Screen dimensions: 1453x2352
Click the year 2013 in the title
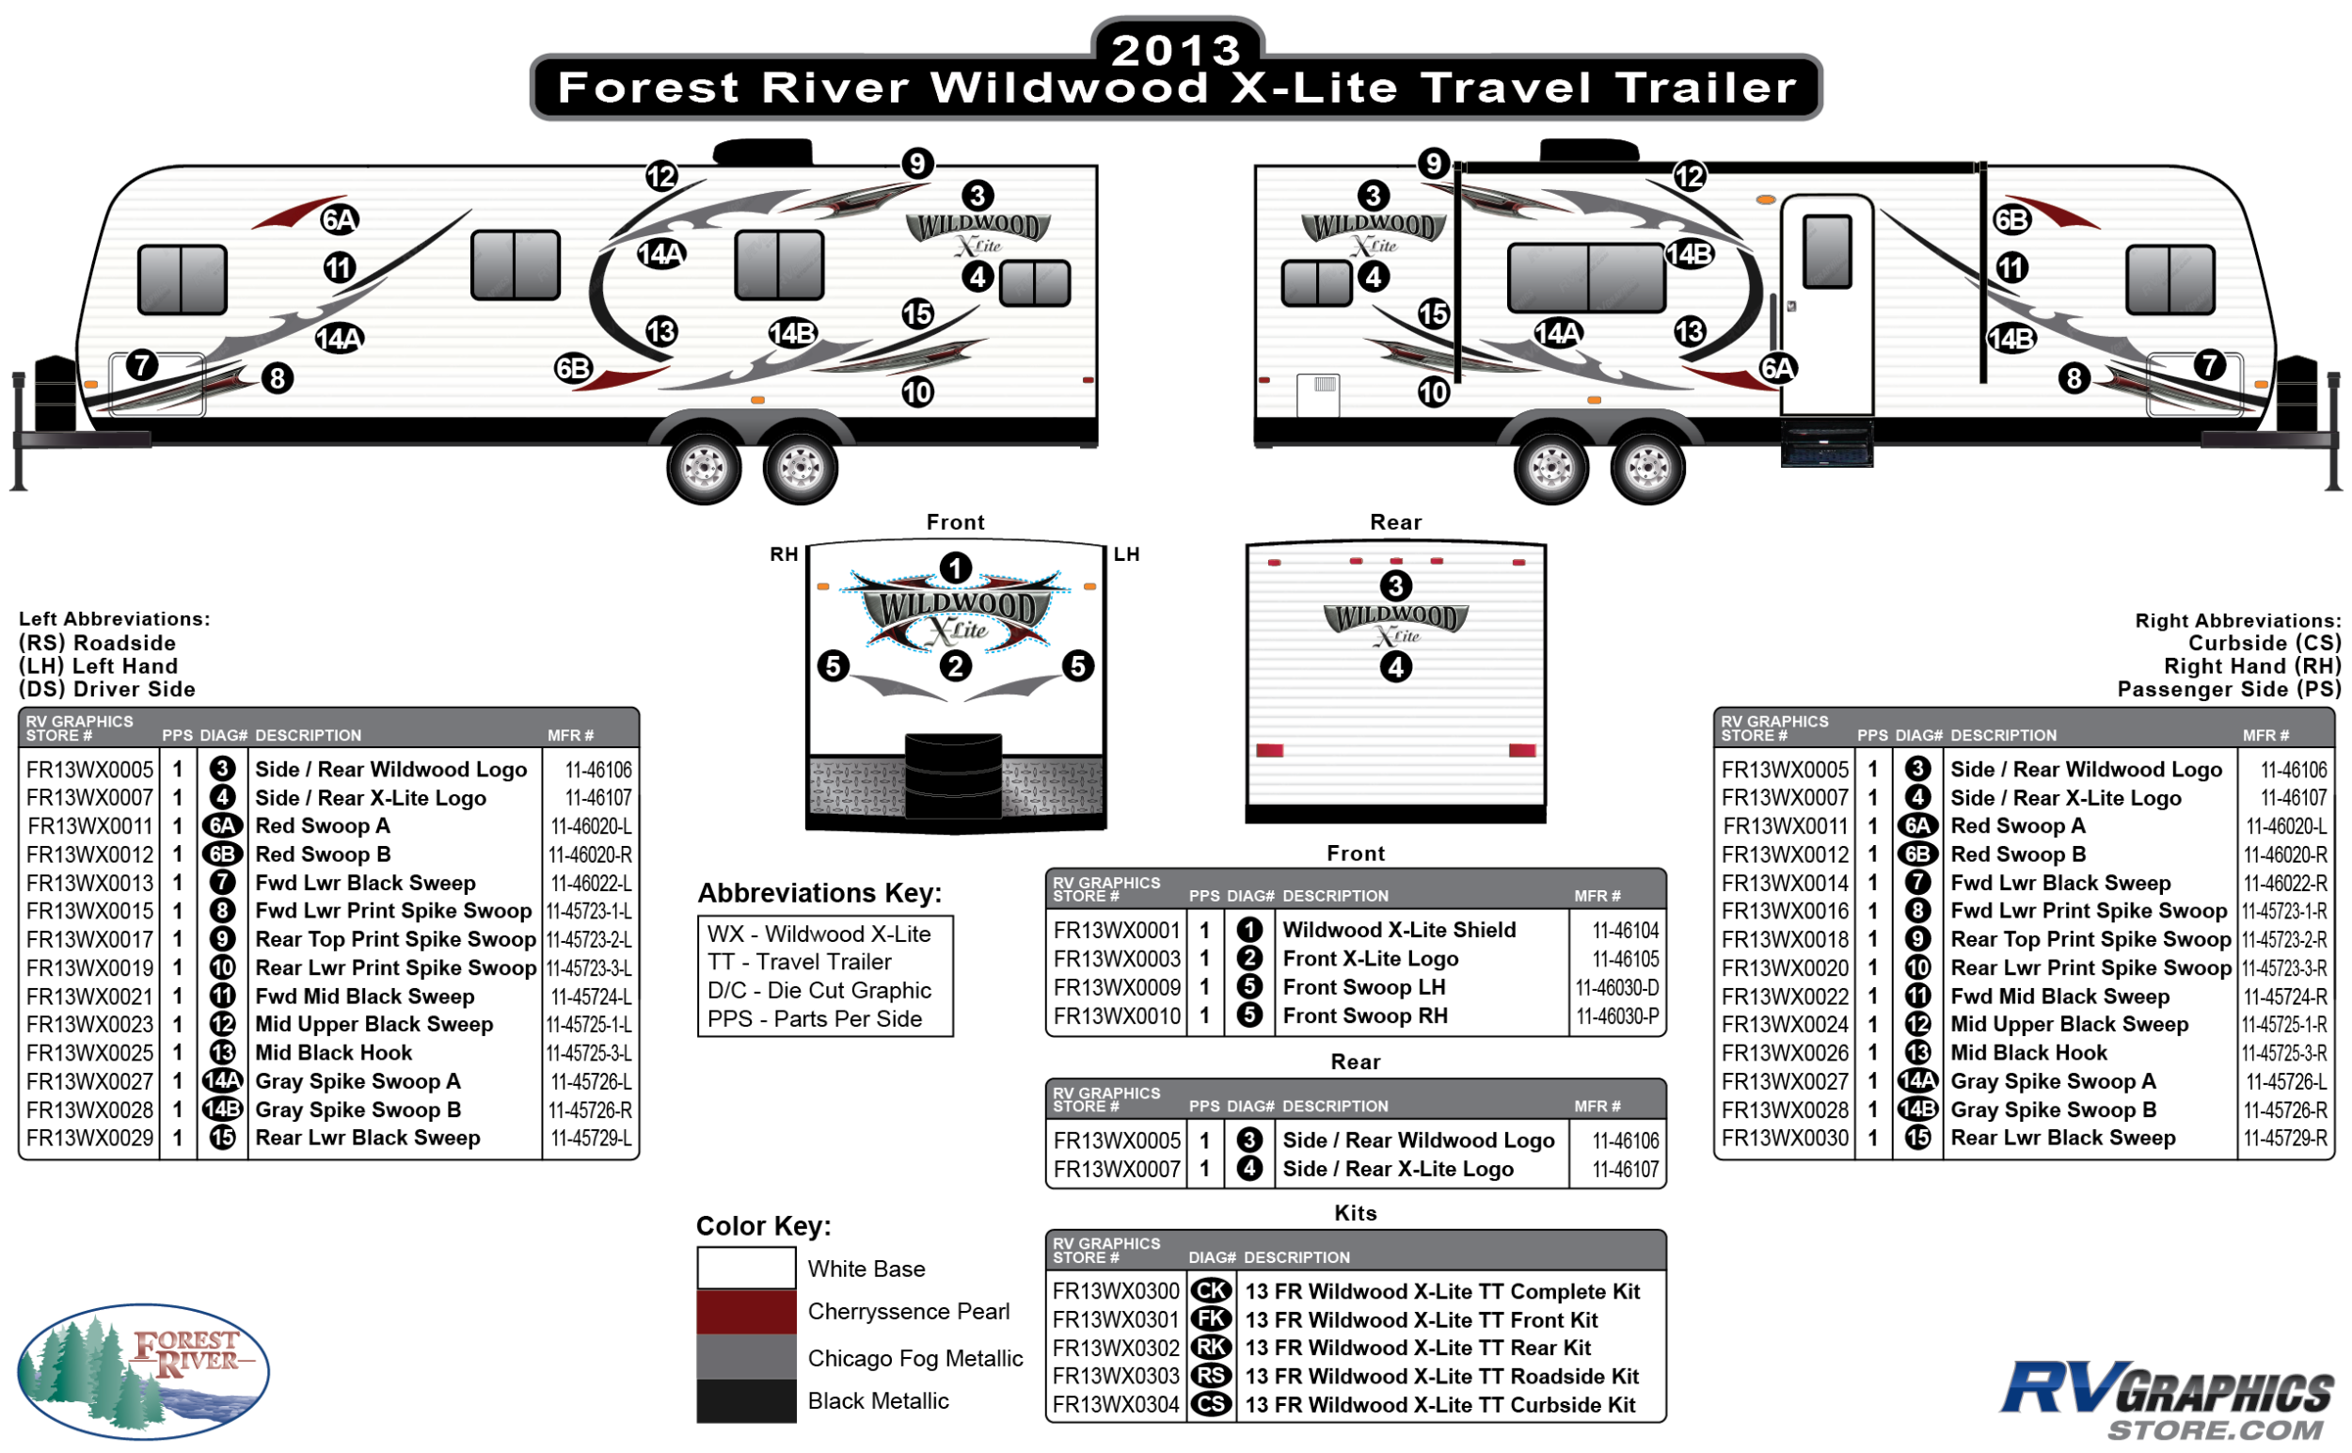click(1176, 50)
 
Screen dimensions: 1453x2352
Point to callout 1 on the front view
click(955, 568)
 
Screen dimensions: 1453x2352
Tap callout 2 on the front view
click(955, 666)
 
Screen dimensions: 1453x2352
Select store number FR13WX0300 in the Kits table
click(1116, 1291)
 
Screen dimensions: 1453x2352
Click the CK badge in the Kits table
click(1211, 1291)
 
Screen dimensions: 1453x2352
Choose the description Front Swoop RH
click(1364, 1015)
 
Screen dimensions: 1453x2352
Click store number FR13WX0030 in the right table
click(1784, 1139)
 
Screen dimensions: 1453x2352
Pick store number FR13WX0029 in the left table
click(89, 1139)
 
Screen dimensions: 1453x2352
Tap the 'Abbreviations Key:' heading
click(819, 894)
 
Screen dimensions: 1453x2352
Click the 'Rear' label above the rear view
click(1395, 523)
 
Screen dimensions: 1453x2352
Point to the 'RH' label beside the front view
click(784, 554)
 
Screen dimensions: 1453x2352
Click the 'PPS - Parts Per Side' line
click(814, 1018)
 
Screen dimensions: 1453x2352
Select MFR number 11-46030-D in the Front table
click(1617, 988)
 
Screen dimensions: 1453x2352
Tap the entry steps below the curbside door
click(1826, 443)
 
